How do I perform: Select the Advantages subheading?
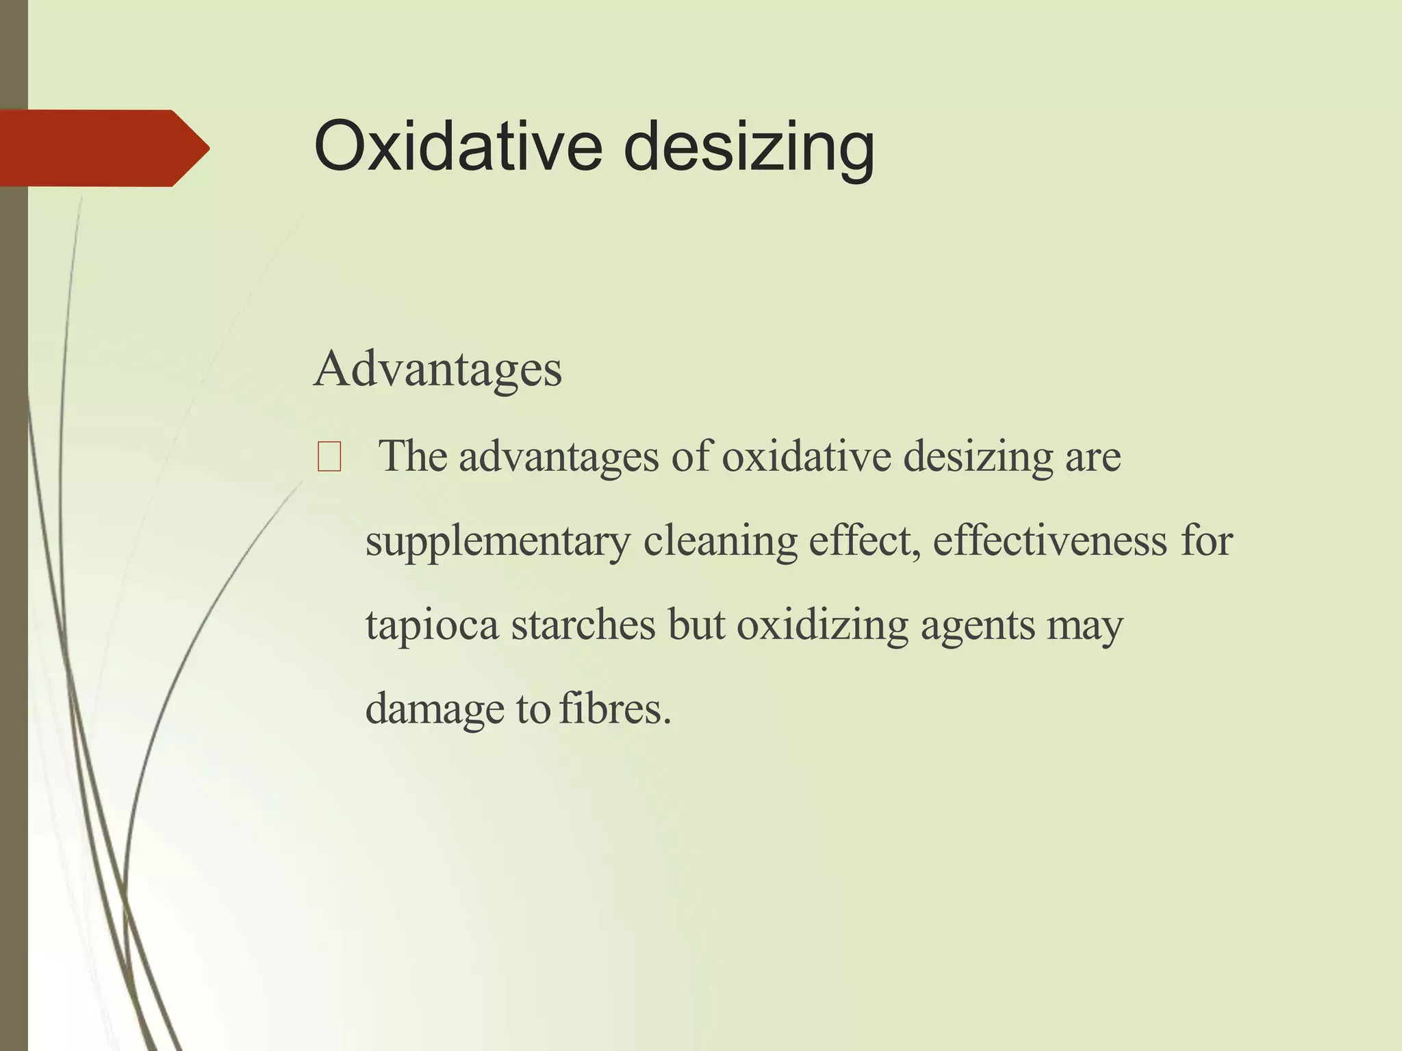[x=437, y=369]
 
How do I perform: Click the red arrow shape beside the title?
[x=103, y=148]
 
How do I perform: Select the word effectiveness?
[x=1049, y=541]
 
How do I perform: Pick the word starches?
[x=583, y=625]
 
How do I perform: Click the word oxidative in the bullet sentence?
[x=806, y=456]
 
